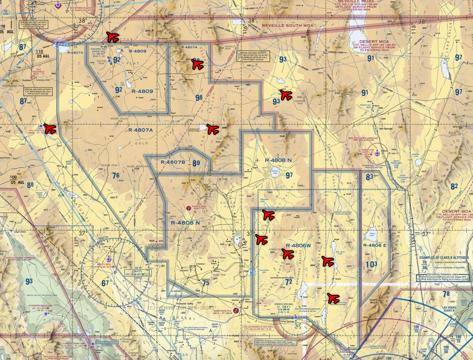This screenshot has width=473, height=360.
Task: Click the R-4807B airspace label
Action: pos(173,162)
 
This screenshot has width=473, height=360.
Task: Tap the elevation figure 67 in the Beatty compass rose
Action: pos(105,283)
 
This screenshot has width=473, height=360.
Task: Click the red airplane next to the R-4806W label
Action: pos(288,254)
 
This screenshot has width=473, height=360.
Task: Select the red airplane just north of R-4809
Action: pos(112,37)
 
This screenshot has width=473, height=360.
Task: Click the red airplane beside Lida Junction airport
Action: pos(49,129)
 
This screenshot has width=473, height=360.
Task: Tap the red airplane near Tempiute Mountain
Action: pos(286,95)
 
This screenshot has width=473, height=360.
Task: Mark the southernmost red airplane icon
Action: pos(332,298)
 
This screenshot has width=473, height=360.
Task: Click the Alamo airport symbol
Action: pos(377,153)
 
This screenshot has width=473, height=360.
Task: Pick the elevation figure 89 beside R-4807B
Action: pos(197,163)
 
